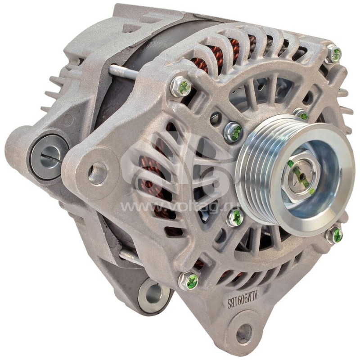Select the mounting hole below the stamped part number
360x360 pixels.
pos(244,333)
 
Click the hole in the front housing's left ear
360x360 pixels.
pos(97,173)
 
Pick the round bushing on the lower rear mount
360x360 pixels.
pos(153,295)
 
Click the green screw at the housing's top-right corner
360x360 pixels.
pos(334,54)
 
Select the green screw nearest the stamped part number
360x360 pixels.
pos(189,281)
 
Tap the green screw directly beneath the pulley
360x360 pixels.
pos(235,218)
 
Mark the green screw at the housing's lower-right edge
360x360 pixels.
pos(335,234)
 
